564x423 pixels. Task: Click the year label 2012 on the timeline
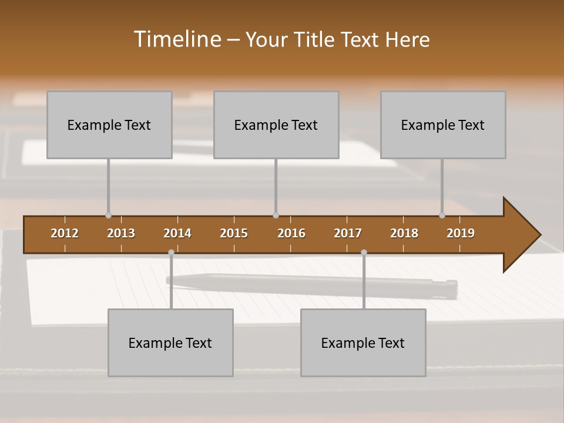coord(65,233)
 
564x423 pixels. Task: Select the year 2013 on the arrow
coord(121,233)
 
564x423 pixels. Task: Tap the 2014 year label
coord(177,233)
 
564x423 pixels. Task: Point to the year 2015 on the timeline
coord(234,233)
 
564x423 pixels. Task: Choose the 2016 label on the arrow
coord(291,233)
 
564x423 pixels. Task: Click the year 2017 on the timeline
coord(348,233)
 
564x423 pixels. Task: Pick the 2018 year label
coord(404,233)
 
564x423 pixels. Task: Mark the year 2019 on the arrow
coord(461,233)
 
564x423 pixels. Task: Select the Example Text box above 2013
coord(109,125)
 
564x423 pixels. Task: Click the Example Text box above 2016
coord(276,125)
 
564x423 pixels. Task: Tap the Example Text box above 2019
coord(443,125)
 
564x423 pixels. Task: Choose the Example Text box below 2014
coord(170,343)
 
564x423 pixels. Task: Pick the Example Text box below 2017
coord(363,343)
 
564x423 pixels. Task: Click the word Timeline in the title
coord(177,39)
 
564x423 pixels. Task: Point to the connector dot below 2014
coord(171,252)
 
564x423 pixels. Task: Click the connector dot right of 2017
coord(364,252)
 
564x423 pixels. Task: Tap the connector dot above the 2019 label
coord(442,215)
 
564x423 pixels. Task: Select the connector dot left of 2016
coord(276,215)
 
